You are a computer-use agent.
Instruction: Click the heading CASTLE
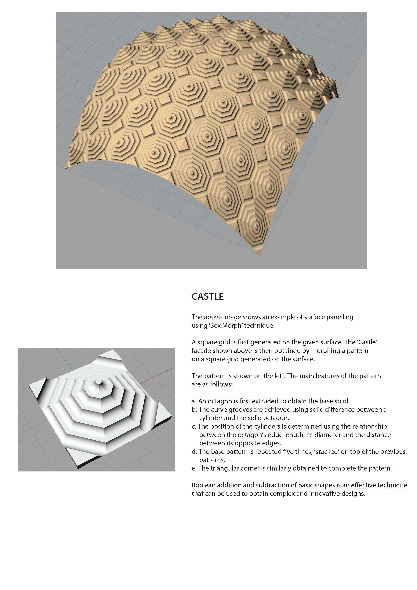point(208,297)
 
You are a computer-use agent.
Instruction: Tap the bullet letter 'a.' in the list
point(194,401)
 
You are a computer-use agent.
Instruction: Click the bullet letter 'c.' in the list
point(194,426)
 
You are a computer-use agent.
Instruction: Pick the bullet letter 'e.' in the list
point(194,468)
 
